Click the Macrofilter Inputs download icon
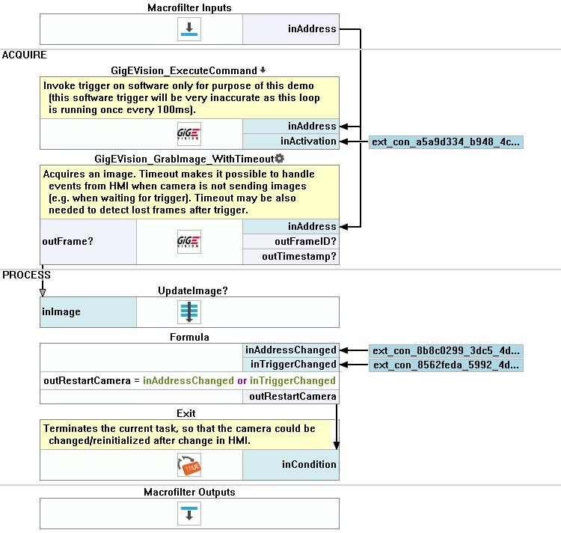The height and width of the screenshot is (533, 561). coord(189,29)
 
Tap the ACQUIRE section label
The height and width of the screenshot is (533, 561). coord(25,55)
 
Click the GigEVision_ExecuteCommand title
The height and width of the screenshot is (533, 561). coord(184,70)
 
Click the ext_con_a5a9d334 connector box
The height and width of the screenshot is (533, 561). coord(446,141)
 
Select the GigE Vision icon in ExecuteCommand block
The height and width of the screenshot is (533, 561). coord(189,134)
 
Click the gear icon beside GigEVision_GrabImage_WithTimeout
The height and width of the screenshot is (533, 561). coord(280,158)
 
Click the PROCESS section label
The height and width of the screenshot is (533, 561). coord(26,275)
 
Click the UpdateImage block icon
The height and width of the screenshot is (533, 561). coord(189,311)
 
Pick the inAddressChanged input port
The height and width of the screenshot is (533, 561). coord(291,350)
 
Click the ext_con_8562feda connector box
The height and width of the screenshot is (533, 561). coord(446,365)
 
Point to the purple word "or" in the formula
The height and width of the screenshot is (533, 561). coord(242,380)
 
